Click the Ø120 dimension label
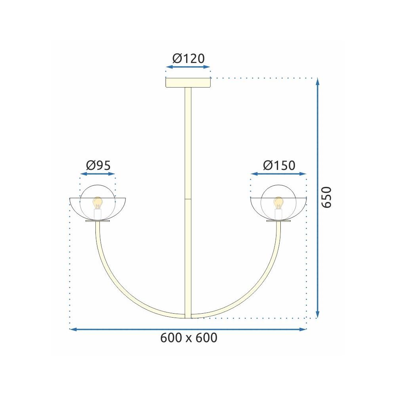click(x=188, y=59)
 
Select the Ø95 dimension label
click(x=97, y=165)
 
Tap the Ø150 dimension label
click(x=279, y=165)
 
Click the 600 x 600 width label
click(x=189, y=338)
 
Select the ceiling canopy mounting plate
click(x=188, y=83)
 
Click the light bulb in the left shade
click(x=97, y=202)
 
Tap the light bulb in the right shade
click(x=279, y=202)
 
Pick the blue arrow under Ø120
click(x=188, y=67)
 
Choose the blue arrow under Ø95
click(x=97, y=174)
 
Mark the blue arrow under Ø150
click(x=279, y=174)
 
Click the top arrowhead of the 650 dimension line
click(x=318, y=81)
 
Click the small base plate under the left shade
click(x=97, y=221)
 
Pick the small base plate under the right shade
click(x=279, y=221)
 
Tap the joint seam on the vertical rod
click(x=188, y=199)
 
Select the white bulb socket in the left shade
click(x=97, y=214)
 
